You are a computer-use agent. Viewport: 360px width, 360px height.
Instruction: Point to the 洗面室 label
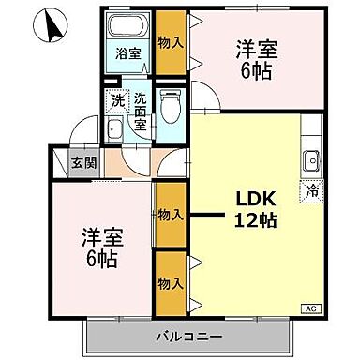coord(140,109)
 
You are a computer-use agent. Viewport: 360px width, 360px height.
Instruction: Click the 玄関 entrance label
coord(83,161)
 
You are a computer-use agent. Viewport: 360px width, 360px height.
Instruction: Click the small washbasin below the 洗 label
coord(113,129)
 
